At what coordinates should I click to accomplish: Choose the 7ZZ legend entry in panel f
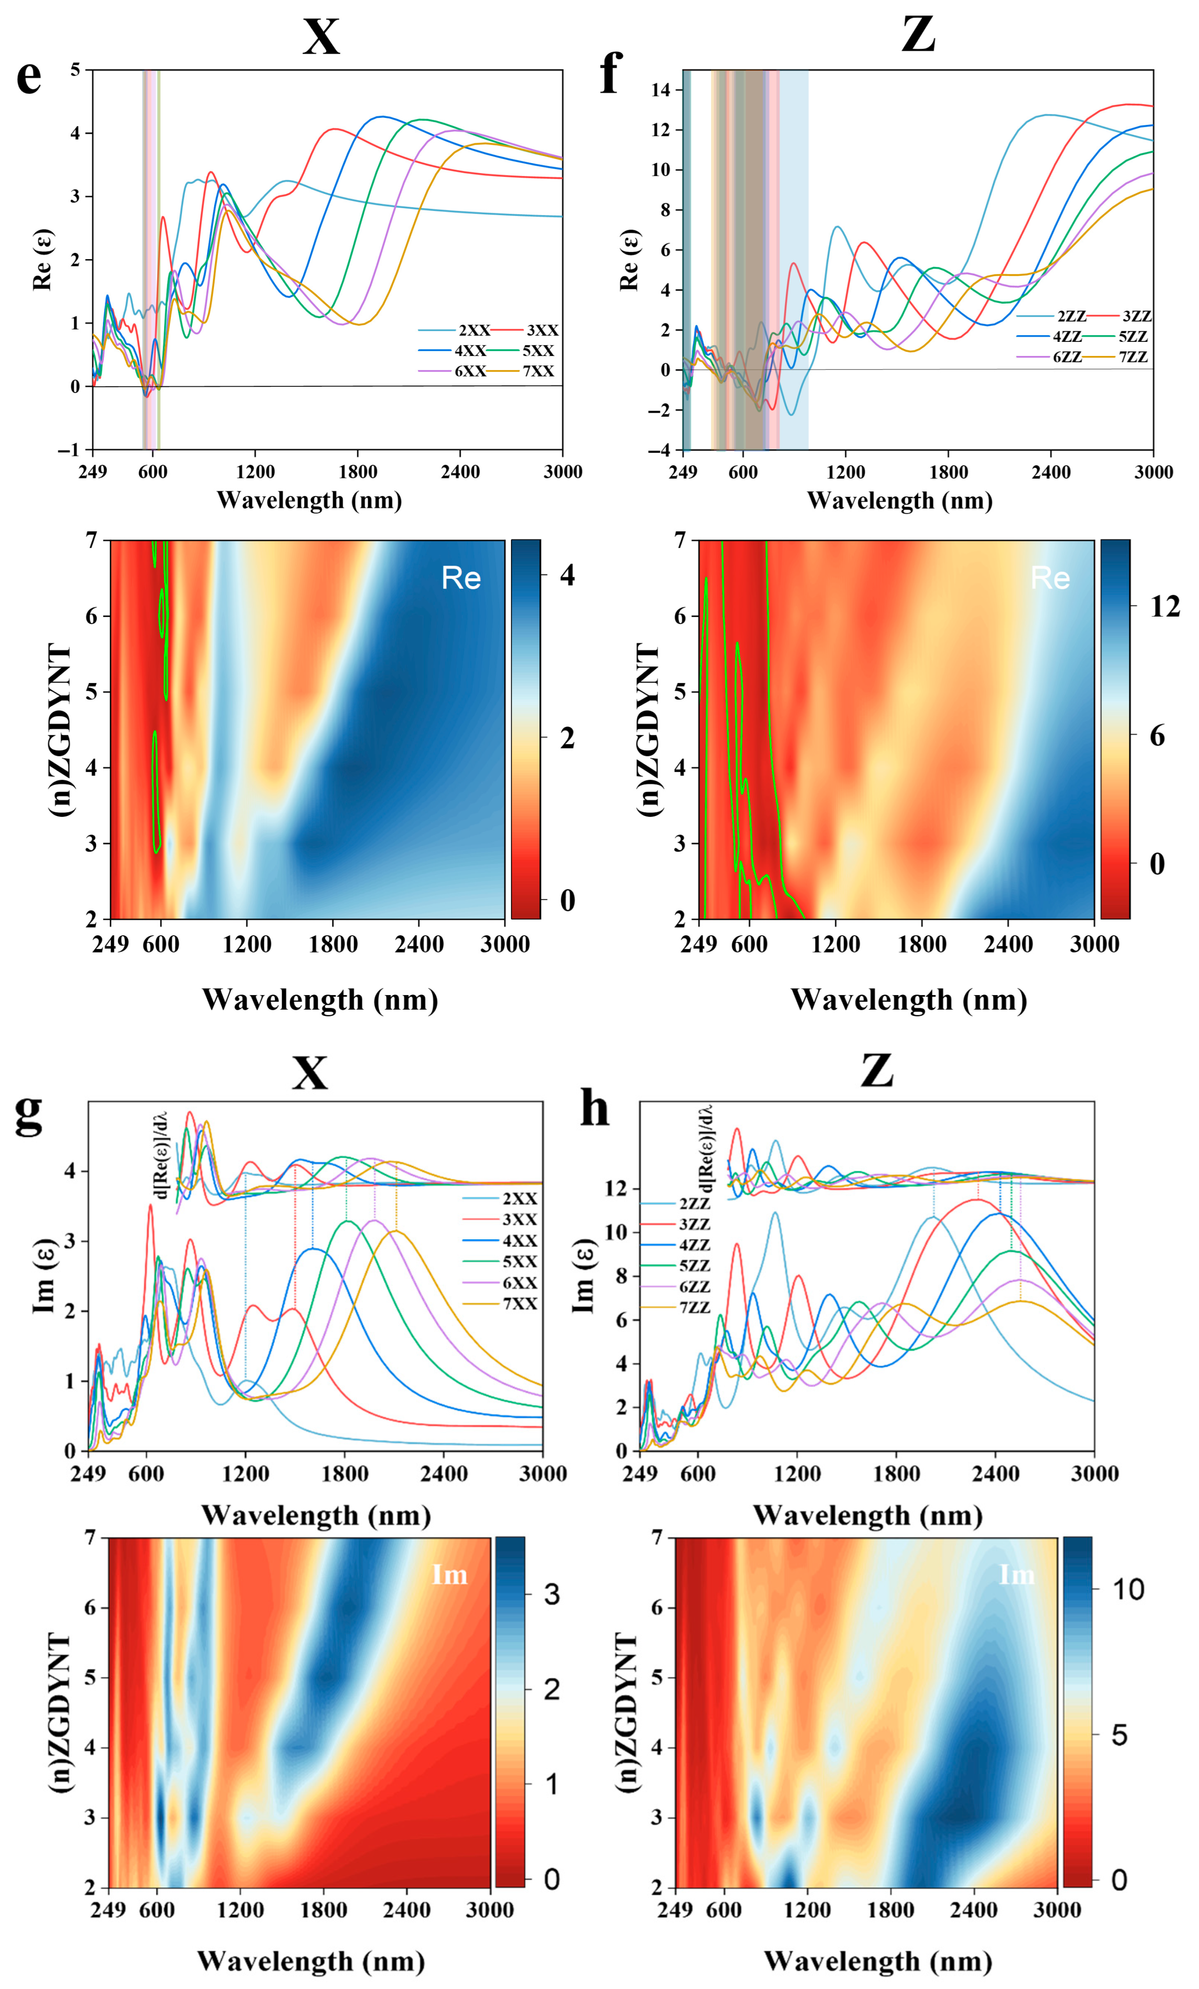tap(1133, 357)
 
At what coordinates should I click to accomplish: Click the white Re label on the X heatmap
tap(461, 578)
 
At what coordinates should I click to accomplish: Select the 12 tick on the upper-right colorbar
tap(1164, 606)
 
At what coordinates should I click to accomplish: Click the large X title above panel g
tap(310, 1074)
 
